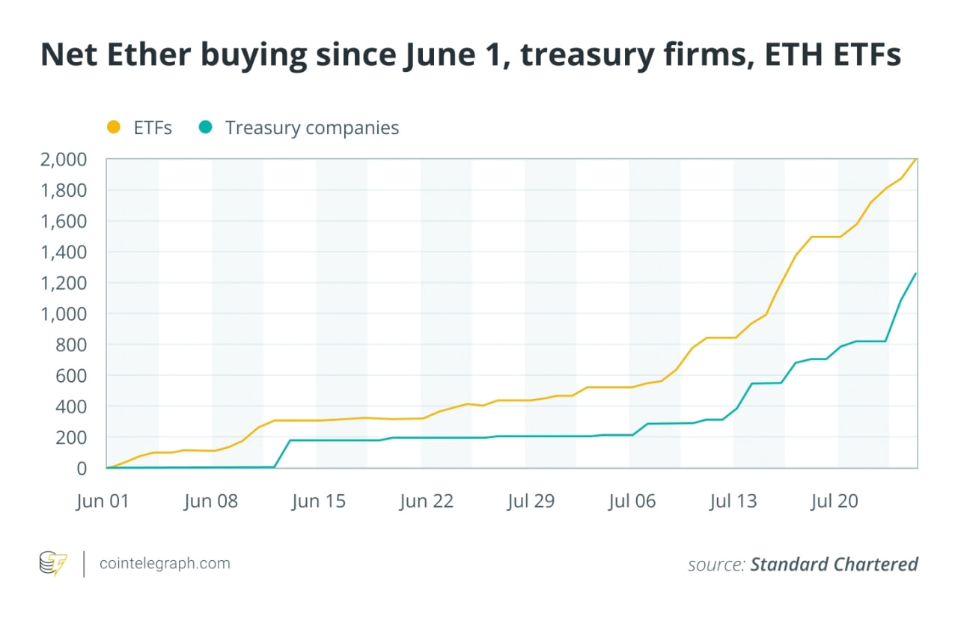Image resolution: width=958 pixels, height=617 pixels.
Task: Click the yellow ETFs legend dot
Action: pyautogui.click(x=114, y=128)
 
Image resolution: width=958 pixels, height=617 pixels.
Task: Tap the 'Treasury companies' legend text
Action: pyautogui.click(x=312, y=128)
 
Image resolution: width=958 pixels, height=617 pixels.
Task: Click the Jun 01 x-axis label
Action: pyautogui.click(x=103, y=501)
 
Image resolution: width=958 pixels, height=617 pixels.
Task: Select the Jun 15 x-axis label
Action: pyautogui.click(x=319, y=501)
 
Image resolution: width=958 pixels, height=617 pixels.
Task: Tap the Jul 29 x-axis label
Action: pyautogui.click(x=531, y=501)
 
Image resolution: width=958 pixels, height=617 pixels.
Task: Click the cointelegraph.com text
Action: pyautogui.click(x=165, y=563)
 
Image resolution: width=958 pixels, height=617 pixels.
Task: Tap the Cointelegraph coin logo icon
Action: pyautogui.click(x=52, y=563)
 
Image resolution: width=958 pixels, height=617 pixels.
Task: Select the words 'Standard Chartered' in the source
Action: pyautogui.click(x=834, y=564)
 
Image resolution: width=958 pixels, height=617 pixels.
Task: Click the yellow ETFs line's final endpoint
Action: pyautogui.click(x=917, y=159)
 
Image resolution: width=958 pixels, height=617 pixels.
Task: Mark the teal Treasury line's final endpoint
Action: pyautogui.click(x=917, y=273)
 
